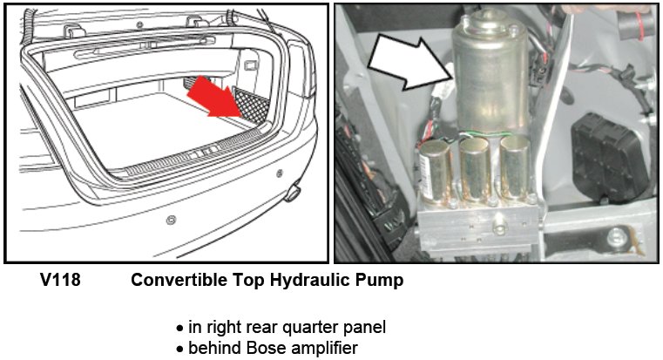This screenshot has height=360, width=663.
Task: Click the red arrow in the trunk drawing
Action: (x=214, y=97)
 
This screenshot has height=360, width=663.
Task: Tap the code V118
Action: (x=60, y=280)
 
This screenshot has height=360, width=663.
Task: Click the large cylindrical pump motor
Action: (x=490, y=72)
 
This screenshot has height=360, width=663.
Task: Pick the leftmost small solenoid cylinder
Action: (x=434, y=171)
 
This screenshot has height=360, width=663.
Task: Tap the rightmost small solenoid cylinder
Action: (x=514, y=166)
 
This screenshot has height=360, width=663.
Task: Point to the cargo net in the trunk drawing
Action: (x=252, y=105)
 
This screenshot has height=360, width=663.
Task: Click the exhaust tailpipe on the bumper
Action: (x=293, y=193)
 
